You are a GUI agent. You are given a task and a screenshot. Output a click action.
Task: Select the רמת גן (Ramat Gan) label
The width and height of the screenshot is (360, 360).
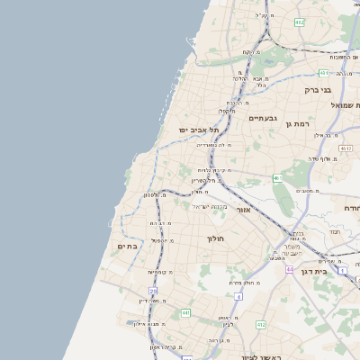click(x=298, y=123)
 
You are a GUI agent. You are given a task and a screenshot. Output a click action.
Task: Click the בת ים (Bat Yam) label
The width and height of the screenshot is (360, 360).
click(x=126, y=245)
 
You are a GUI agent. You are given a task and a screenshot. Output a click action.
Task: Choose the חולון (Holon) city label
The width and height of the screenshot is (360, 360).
click(x=214, y=238)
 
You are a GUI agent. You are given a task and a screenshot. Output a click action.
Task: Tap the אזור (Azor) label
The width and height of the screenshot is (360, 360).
click(x=243, y=209)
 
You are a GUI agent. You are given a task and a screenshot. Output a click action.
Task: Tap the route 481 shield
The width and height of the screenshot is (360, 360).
click(x=323, y=73)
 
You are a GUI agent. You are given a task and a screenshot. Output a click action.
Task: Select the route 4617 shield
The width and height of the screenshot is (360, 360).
click(x=346, y=147)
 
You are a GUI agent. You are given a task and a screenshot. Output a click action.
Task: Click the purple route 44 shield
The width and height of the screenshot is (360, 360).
click(x=290, y=268)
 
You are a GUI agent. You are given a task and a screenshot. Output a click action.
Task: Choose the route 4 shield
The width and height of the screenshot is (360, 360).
click(x=238, y=295)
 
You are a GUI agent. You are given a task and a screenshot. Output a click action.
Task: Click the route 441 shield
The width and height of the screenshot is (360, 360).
click(x=185, y=312)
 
